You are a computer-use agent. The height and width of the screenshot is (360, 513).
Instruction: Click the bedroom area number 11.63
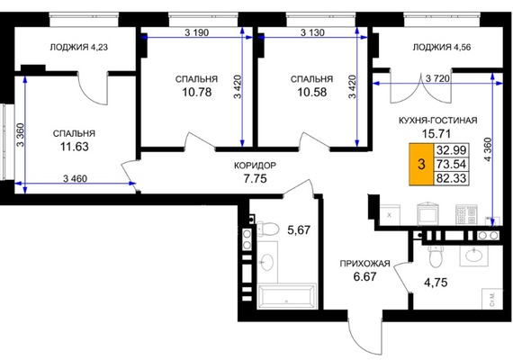tap(75, 147)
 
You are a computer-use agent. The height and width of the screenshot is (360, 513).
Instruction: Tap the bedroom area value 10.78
tap(197, 92)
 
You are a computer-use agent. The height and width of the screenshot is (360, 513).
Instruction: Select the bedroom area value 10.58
tap(311, 92)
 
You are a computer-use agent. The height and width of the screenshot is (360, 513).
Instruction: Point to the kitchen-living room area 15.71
tap(436, 133)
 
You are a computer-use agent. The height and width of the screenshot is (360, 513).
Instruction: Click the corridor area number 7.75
tap(256, 179)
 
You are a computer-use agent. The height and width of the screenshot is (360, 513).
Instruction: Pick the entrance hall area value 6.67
tap(364, 277)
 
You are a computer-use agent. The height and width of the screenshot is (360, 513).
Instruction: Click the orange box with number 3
tap(422, 164)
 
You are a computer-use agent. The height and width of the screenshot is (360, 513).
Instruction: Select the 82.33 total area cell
tap(452, 178)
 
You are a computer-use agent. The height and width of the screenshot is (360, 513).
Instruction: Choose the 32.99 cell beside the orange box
tap(452, 150)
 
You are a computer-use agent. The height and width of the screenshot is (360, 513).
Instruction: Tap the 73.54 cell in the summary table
tap(452, 164)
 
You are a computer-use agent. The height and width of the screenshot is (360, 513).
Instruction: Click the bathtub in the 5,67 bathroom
tap(287, 296)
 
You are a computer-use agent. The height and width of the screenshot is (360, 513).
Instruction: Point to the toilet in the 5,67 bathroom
tap(267, 229)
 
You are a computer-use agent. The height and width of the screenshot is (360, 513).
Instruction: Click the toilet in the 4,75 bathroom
tap(436, 255)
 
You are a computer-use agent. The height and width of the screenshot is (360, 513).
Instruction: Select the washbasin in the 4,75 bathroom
tap(474, 255)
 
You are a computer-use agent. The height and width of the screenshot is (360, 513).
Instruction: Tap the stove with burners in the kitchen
tap(466, 215)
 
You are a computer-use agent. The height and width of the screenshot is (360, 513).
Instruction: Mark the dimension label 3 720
tap(437, 78)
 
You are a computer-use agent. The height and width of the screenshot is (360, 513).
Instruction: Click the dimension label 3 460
tap(76, 179)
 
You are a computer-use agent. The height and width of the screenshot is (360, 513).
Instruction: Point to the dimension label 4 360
tap(488, 149)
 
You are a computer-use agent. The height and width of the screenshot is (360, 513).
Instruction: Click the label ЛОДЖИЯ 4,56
tap(442, 47)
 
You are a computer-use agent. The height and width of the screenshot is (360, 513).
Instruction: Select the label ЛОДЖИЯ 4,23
tap(79, 47)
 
